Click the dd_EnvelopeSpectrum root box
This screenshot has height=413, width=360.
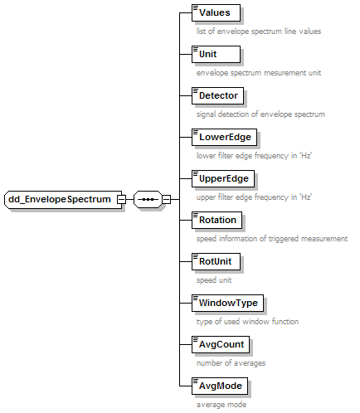point(63,199)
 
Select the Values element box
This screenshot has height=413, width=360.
point(216,12)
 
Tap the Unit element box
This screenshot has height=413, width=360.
point(216,54)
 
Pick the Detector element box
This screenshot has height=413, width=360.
point(217,95)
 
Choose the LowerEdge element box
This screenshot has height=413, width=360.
point(224,137)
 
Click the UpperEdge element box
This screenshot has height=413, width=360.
point(223,178)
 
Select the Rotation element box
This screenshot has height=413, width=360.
point(216,220)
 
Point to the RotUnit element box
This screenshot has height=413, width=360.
point(216,261)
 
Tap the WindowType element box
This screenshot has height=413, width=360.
point(227,303)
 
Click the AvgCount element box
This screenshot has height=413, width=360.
point(221,344)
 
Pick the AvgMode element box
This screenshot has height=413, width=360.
point(220,386)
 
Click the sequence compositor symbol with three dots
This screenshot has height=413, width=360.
point(148,199)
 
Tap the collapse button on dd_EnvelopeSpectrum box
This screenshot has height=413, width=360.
point(121,199)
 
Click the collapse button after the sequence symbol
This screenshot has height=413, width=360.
point(166,199)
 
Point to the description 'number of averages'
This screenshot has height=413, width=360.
point(231,363)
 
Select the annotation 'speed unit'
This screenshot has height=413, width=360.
point(214,280)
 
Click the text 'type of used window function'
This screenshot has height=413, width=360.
point(247,322)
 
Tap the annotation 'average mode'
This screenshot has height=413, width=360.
point(221,405)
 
